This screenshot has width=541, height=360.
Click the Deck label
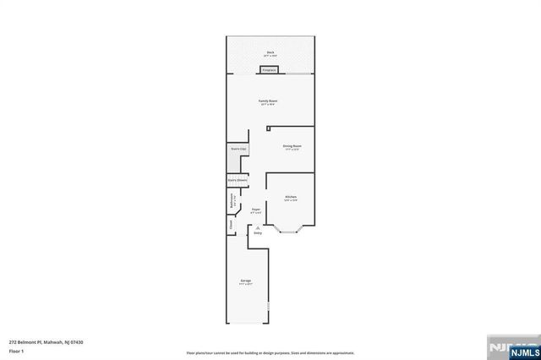pyautogui.click(x=270, y=53)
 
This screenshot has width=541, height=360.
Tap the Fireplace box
pyautogui.click(x=270, y=70)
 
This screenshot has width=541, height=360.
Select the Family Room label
pyautogui.click(x=269, y=101)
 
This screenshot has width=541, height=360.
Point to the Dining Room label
pyautogui.click(x=292, y=146)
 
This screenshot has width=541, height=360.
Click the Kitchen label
pyautogui.click(x=290, y=198)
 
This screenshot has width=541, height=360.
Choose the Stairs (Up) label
pyautogui.click(x=238, y=149)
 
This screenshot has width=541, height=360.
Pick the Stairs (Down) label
pyautogui.click(x=237, y=179)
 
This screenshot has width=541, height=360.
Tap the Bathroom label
pyautogui.click(x=232, y=203)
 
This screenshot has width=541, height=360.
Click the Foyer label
pyautogui.click(x=256, y=210)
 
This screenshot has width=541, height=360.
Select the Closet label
pyautogui.click(x=230, y=226)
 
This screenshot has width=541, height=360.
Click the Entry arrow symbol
pyautogui.click(x=259, y=227)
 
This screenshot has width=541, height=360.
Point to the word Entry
pyautogui.click(x=259, y=232)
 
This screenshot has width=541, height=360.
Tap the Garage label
pyautogui.click(x=246, y=281)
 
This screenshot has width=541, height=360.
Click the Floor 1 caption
pyautogui.click(x=15, y=350)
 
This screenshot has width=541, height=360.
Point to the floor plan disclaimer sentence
pyautogui.click(x=270, y=352)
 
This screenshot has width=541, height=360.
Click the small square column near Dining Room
pyautogui.click(x=268, y=128)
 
